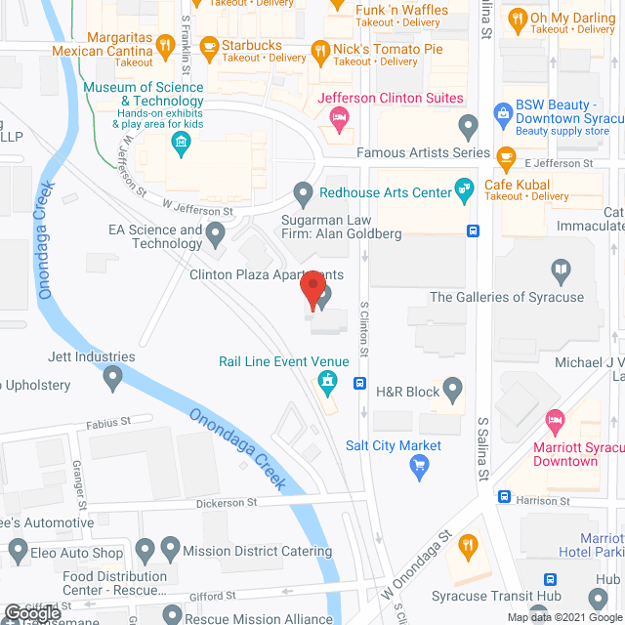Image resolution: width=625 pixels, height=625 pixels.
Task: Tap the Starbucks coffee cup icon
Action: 208,46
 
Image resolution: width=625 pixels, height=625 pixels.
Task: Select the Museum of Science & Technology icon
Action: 180,145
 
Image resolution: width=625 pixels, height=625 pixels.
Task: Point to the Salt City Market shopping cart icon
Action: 420,466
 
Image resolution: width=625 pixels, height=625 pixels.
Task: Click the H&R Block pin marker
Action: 452,392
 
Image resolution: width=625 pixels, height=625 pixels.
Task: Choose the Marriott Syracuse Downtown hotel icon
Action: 555,422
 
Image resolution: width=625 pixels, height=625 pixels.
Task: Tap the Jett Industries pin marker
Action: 113,376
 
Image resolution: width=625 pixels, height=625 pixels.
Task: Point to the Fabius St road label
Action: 107,423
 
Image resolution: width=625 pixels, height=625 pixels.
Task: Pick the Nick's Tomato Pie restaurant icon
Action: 319,50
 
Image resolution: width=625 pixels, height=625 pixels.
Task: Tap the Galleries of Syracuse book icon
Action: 561,270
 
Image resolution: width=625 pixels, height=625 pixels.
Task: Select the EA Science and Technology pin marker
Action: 216,232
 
